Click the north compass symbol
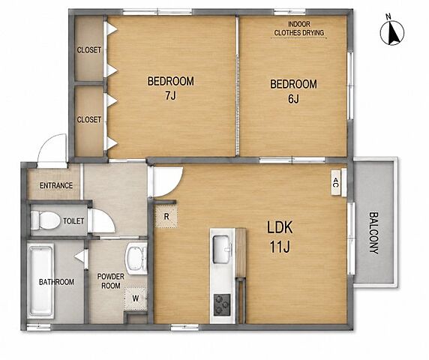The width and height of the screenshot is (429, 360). click(392, 32)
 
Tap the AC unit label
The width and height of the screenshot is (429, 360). click(336, 182)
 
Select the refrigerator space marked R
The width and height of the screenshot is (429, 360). click(166, 217)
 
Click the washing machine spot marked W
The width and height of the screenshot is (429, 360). click(136, 298)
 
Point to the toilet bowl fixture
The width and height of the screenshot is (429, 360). click(45, 220)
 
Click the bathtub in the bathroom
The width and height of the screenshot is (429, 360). click(41, 282)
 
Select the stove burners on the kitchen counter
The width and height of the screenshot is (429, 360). click(222, 304)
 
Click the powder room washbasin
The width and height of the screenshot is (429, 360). click(136, 259)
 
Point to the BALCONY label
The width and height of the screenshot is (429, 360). click(374, 233)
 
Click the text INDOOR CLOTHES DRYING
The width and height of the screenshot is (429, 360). click(299, 28)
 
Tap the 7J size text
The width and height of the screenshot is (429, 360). click(170, 95)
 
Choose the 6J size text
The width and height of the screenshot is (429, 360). click(293, 99)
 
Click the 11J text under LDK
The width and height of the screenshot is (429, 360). click(280, 247)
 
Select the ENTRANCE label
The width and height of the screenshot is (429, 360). click(56, 185)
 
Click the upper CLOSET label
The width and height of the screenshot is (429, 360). click(89, 50)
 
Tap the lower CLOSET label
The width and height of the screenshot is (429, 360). click(89, 119)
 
